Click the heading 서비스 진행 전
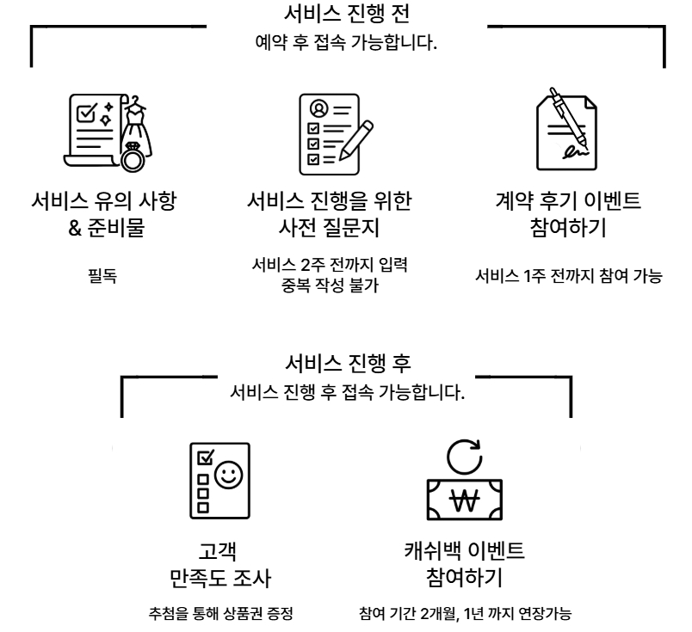(x=346, y=15)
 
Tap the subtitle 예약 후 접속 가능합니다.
(x=346, y=42)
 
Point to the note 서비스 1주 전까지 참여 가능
(x=569, y=278)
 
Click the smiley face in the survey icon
(x=229, y=474)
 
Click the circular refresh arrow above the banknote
(x=465, y=455)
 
